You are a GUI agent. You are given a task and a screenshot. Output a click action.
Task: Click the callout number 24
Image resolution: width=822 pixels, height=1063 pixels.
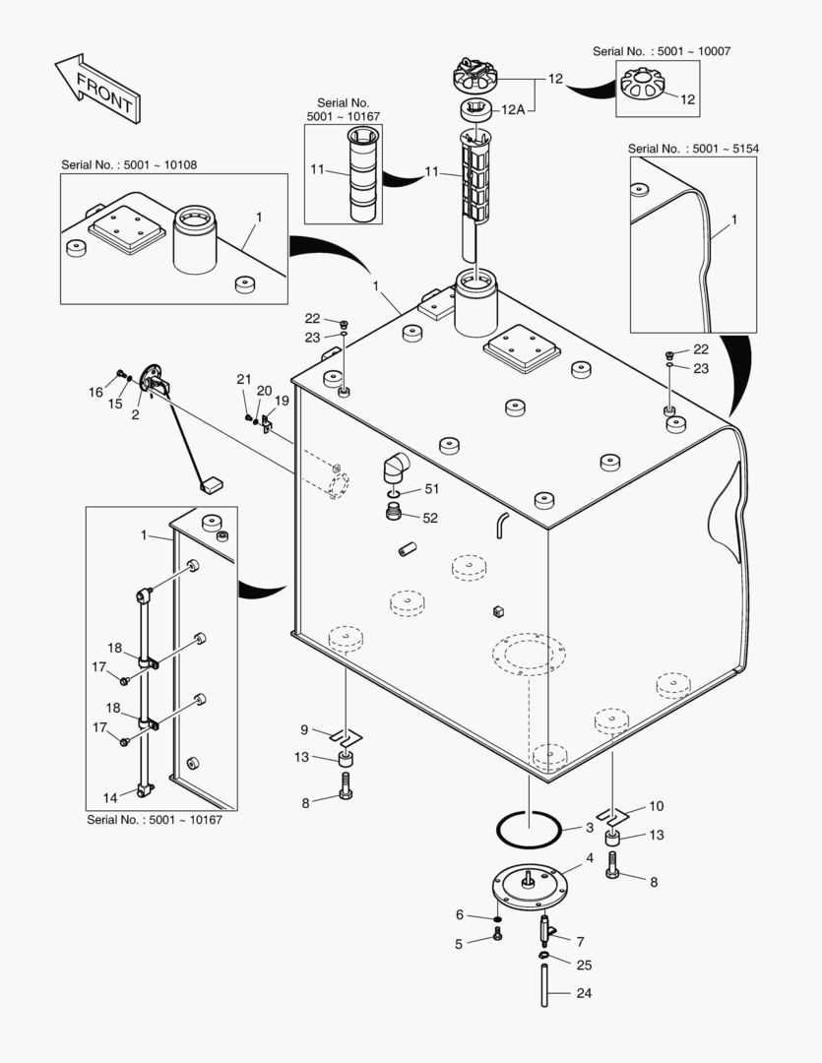tap(584, 993)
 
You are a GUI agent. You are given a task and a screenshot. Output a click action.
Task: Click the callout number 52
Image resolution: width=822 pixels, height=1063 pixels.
tap(430, 518)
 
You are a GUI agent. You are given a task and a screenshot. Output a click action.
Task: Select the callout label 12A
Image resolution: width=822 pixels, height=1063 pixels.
tap(514, 110)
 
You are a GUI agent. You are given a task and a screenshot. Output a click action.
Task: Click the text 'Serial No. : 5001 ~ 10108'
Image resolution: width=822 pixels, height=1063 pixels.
tap(129, 164)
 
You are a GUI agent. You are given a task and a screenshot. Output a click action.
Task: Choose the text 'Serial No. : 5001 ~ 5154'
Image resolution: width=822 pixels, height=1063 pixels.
tap(693, 149)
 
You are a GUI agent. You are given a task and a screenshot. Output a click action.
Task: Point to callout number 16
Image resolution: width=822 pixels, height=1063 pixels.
tap(95, 392)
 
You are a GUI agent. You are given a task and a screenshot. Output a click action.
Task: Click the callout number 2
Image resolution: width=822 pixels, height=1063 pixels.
tap(135, 414)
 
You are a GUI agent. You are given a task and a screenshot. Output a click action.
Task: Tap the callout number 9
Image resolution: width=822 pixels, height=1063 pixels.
tap(305, 729)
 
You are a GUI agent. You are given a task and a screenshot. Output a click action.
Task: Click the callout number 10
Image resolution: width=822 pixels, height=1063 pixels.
tap(656, 807)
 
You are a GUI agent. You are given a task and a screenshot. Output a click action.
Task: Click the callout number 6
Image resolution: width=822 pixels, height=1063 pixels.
tap(459, 914)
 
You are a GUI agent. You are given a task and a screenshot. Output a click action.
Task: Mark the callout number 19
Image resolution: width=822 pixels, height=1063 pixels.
tap(282, 401)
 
